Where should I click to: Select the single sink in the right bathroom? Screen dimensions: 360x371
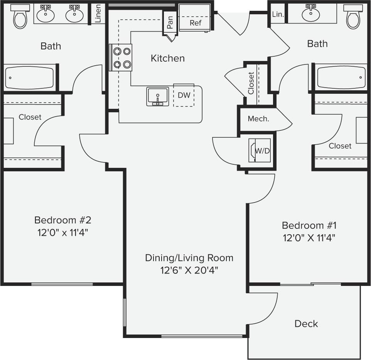point(311,14)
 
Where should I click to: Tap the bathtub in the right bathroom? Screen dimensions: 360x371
point(341,77)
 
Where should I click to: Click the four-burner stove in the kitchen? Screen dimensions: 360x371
point(121,57)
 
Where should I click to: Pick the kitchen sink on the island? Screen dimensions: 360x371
point(157,96)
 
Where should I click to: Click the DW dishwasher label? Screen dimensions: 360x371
point(184,95)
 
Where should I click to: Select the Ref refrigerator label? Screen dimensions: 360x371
point(196,23)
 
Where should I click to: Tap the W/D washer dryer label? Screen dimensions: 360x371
point(263,150)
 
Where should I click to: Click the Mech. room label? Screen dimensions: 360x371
point(258,119)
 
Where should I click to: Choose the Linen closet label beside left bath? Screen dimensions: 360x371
point(98,14)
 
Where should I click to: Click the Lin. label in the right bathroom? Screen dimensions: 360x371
point(278,14)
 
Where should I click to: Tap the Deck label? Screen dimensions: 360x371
point(306,323)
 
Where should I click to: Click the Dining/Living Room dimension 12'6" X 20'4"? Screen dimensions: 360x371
point(189,270)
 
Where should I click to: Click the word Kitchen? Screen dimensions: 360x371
point(167,58)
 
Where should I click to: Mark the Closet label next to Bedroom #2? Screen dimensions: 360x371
point(30,117)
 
